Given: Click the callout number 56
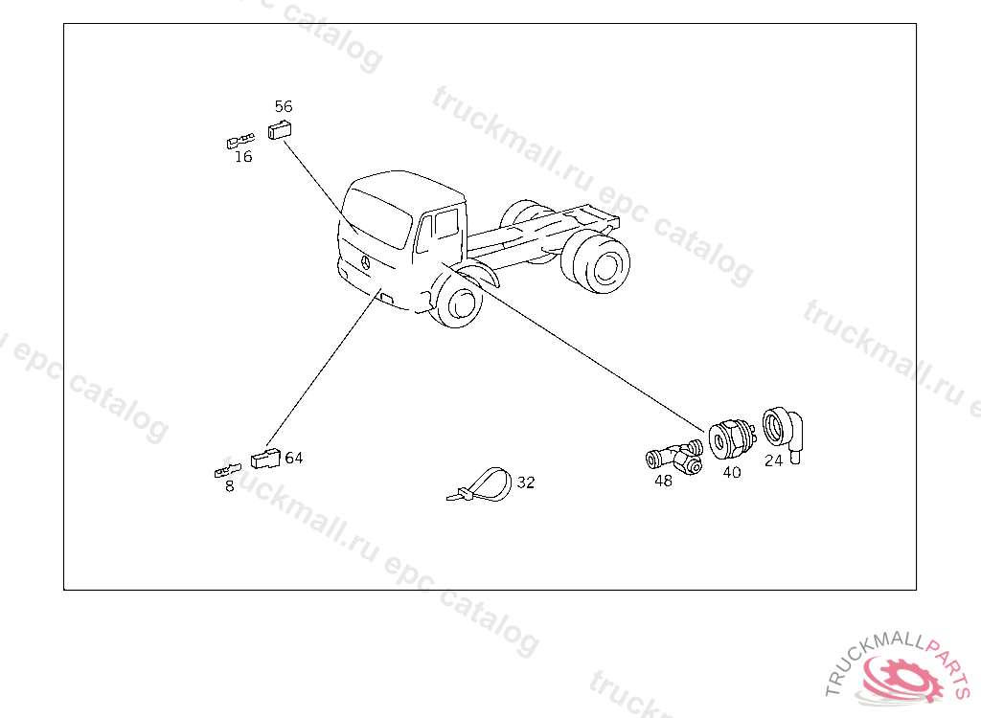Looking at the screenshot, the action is [x=284, y=106].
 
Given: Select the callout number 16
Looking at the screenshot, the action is [x=243, y=156].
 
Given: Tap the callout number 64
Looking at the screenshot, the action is [x=294, y=458].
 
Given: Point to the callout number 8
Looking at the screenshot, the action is [x=230, y=486].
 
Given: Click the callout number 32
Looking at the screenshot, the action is [x=526, y=482].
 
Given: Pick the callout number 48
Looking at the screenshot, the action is [x=663, y=481].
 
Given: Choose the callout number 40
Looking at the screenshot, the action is [x=732, y=472].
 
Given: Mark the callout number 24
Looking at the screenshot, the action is [x=773, y=460].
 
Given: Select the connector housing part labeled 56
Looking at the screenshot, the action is [x=280, y=129].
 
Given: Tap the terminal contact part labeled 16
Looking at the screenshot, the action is [x=240, y=142].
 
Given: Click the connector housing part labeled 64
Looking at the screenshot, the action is [x=265, y=459].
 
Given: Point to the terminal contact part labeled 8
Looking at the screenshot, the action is [x=227, y=470].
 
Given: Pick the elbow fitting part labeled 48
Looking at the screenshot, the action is [x=674, y=458].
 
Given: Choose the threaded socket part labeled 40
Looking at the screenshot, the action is [x=731, y=439].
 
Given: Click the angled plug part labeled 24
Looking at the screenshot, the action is [x=783, y=433].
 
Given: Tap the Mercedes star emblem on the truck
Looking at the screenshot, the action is [x=365, y=262].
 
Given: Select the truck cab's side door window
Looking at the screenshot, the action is [x=446, y=223].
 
